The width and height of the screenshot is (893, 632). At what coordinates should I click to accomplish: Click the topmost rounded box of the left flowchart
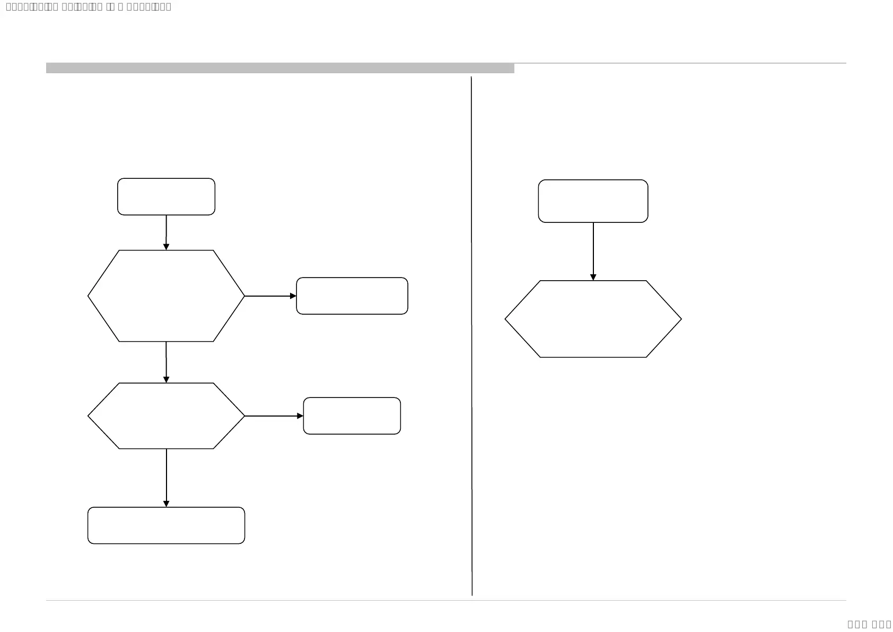[166, 197]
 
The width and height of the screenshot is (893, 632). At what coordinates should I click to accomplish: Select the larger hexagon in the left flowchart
[166, 296]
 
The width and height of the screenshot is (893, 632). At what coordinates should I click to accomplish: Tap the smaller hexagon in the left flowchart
[166, 416]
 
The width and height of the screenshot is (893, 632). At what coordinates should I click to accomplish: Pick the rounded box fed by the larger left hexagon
[352, 296]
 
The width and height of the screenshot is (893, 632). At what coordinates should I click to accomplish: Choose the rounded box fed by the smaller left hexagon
[352, 416]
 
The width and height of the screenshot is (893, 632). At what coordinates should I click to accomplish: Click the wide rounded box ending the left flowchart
[166, 525]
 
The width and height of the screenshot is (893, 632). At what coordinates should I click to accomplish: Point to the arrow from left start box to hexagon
[166, 232]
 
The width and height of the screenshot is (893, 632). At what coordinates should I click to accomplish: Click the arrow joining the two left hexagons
[166, 362]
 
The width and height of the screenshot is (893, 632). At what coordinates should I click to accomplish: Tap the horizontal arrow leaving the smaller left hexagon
[274, 416]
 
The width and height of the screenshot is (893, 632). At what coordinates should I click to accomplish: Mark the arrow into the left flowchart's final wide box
[166, 478]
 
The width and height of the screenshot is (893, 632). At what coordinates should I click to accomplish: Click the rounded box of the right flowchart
[593, 201]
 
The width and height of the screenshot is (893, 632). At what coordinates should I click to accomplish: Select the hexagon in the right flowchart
[593, 319]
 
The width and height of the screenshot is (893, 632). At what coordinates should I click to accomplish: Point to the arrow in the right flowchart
[593, 252]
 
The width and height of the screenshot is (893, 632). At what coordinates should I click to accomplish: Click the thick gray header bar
[280, 68]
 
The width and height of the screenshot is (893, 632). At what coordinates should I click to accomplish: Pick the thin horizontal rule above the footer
[445, 601]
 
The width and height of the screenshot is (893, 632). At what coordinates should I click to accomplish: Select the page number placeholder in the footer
[869, 624]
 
